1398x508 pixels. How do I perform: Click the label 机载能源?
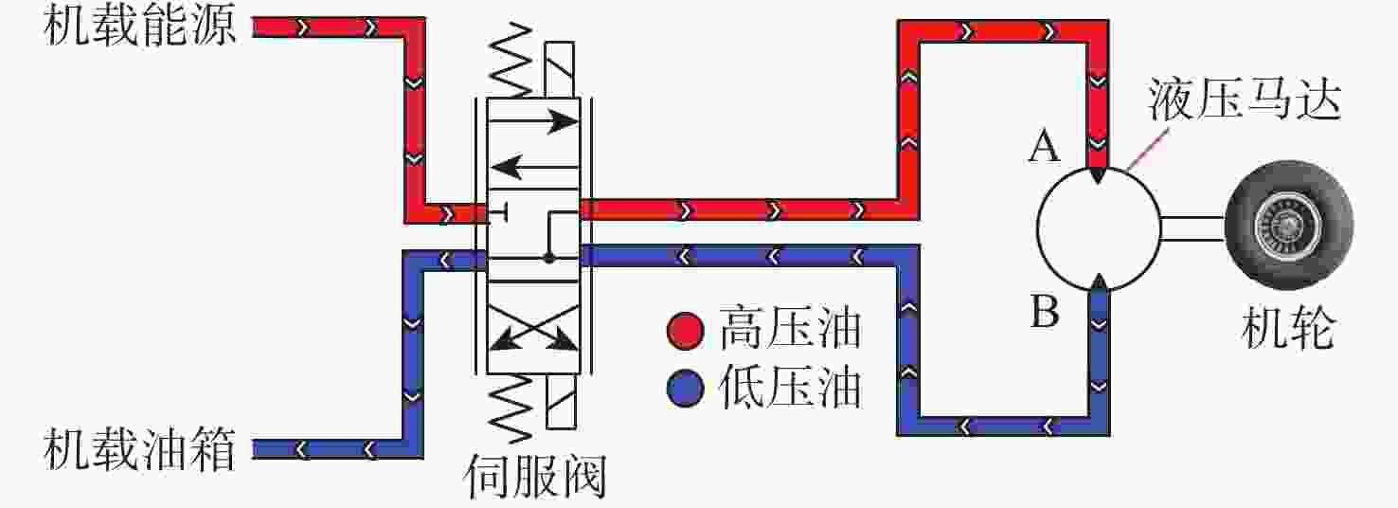click(139, 27)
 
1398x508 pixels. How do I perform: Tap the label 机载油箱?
click(139, 448)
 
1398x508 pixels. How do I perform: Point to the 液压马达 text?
click(1245, 100)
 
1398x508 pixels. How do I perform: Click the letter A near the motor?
click(1044, 148)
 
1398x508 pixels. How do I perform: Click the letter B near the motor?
click(1045, 311)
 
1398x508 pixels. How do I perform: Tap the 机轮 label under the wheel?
click(1288, 327)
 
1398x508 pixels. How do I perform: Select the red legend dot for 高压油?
click(686, 330)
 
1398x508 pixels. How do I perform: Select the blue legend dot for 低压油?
click(686, 388)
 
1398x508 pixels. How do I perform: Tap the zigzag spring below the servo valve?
click(511, 407)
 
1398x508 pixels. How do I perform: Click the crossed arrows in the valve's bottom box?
click(533, 327)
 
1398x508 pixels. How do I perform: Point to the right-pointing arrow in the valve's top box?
click(533, 120)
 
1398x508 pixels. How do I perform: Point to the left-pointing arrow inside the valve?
click(533, 167)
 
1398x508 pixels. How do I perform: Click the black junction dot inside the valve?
click(549, 258)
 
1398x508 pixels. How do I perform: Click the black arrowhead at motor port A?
click(1098, 175)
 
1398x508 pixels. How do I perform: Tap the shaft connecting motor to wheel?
click(1192, 228)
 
